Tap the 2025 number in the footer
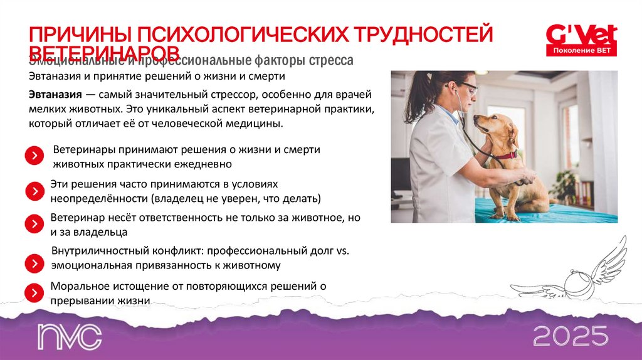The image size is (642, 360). (571, 337)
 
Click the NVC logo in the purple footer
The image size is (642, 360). (68, 337)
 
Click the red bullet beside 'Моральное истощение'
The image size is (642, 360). (34, 292)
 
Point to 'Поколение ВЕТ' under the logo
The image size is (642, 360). (581, 50)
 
